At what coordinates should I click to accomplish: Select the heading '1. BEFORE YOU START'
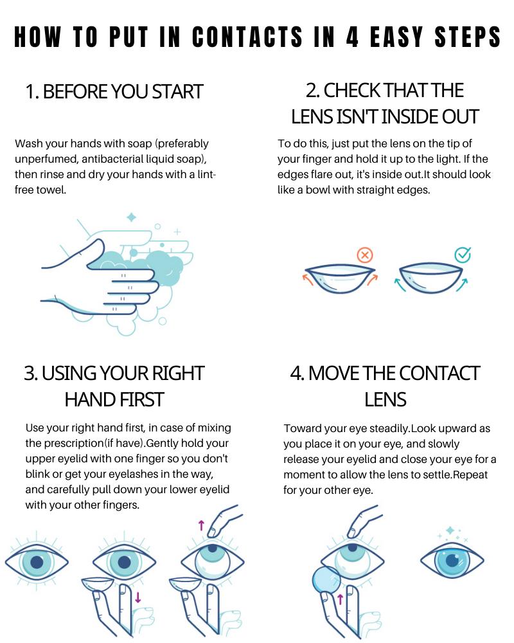114,91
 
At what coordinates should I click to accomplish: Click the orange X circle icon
364,255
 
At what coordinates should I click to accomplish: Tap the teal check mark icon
463,255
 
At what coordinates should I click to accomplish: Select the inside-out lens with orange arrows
341,278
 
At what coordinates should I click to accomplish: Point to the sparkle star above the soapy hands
132,217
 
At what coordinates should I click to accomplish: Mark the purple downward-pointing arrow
137,597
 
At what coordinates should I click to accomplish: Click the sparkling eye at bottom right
452,559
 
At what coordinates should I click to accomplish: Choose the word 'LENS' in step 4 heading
385,399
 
